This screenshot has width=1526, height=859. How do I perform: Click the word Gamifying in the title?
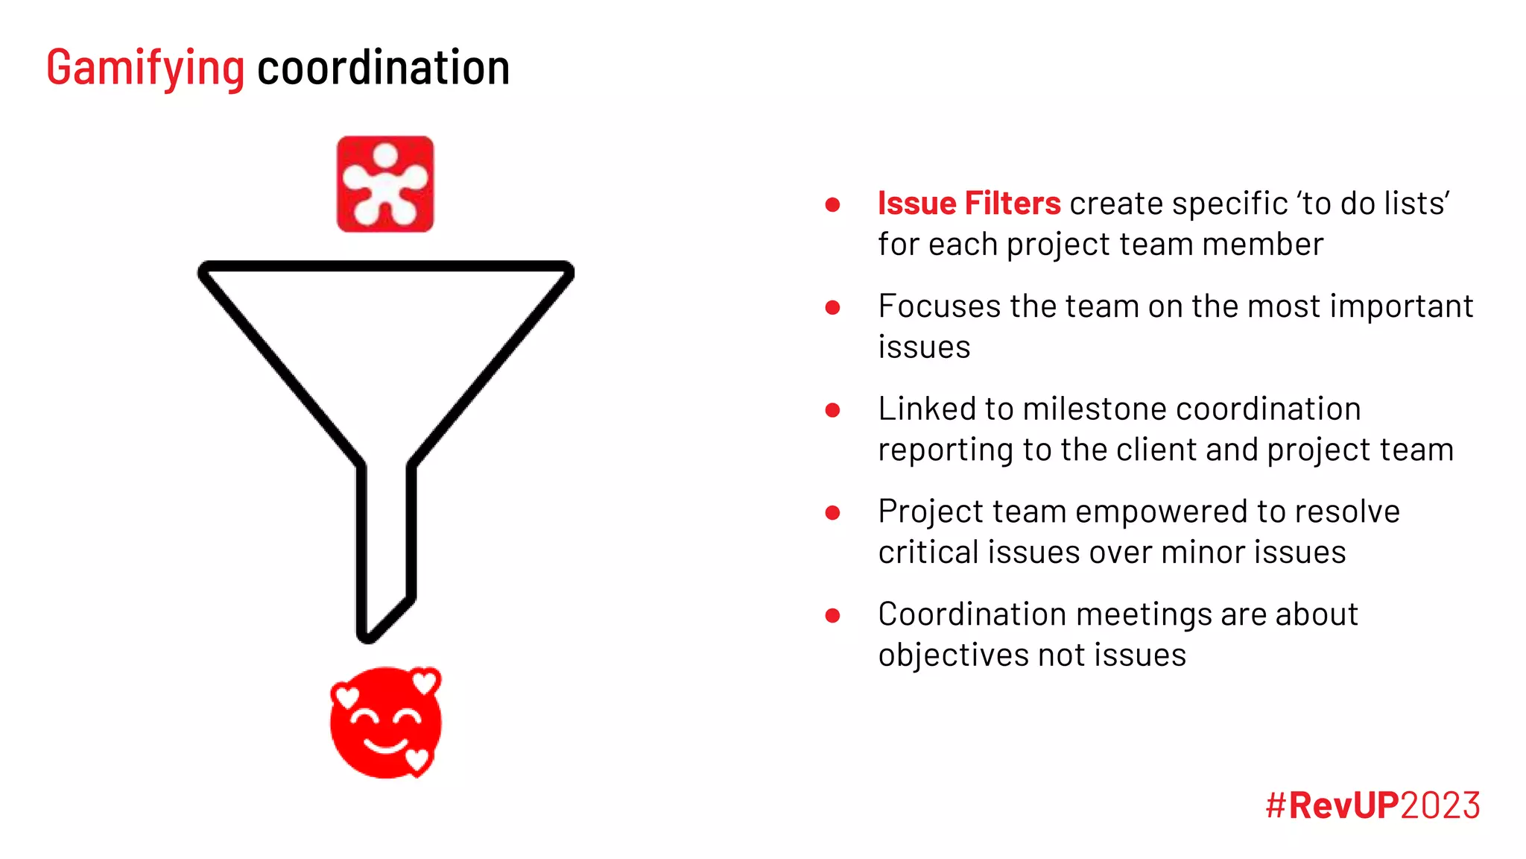[145, 69]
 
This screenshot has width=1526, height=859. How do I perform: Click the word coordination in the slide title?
[383, 69]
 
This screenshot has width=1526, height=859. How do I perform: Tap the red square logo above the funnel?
[385, 184]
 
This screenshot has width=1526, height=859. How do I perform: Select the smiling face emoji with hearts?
[385, 723]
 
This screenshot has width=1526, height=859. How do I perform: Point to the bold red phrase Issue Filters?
[969, 204]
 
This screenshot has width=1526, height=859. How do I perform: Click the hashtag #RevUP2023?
[1373, 805]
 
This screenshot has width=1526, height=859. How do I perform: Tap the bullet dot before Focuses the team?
[833, 307]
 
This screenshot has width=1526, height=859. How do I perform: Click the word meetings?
[1144, 614]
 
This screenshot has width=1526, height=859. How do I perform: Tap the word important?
[1402, 306]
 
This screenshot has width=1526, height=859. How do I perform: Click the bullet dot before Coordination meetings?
[833, 615]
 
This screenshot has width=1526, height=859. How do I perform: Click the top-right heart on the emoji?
[425, 681]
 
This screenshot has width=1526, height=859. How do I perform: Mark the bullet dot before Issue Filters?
[833, 204]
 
